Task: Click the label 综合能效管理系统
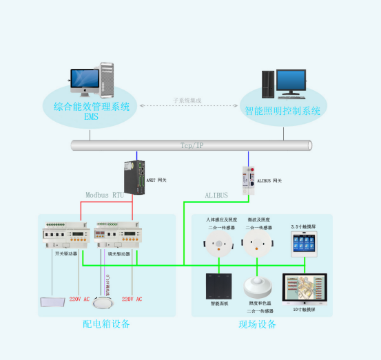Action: coord(91,107)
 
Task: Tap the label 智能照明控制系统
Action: coord(282,110)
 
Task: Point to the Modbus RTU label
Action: coord(105,195)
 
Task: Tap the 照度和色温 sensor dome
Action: coord(258,286)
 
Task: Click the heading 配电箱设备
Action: coord(106,324)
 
